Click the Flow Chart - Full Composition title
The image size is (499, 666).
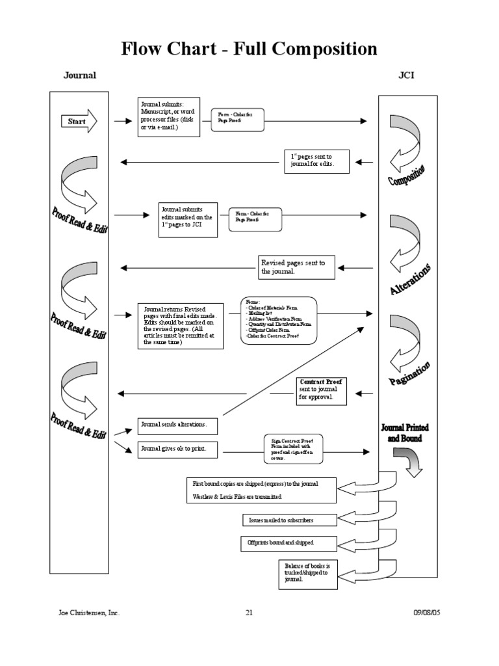pos(249,49)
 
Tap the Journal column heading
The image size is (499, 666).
pos(79,75)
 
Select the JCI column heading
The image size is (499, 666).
pos(406,75)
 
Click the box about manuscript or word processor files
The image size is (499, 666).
pos(168,117)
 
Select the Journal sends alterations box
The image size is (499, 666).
pos(177,425)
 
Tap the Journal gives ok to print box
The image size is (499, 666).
pos(177,449)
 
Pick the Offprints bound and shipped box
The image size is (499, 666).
pos(288,542)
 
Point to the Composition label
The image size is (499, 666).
pos(407,176)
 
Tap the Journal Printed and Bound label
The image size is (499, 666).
pos(405,433)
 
